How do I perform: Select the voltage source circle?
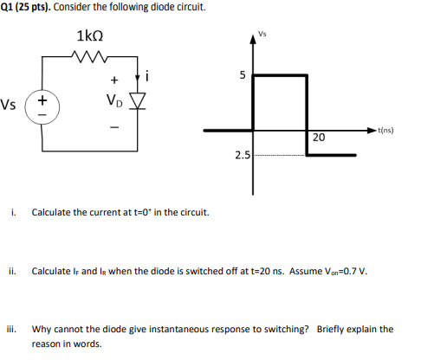coord(42,107)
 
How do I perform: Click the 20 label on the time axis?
coord(318,138)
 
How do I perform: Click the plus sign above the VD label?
coord(113,82)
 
